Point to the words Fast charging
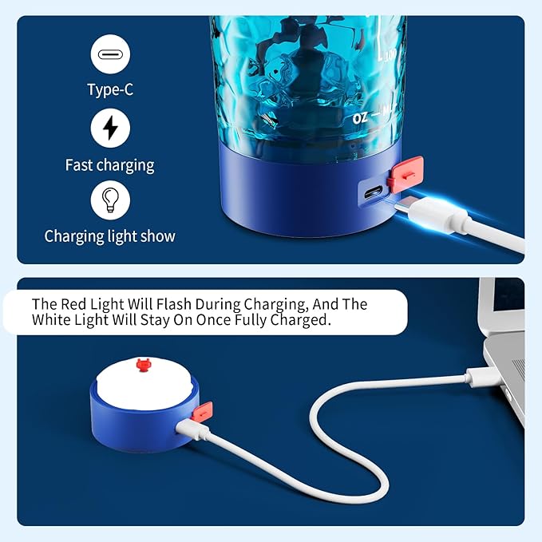(109, 165)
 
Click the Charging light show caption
(109, 236)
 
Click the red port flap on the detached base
(204, 413)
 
